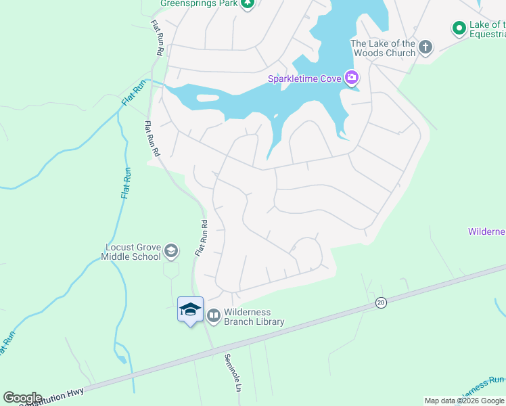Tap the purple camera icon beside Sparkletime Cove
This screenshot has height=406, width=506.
[352, 78]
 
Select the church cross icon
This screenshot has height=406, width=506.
[425, 47]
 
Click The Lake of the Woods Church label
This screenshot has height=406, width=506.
[382, 48]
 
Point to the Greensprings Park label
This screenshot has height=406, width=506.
[197, 3]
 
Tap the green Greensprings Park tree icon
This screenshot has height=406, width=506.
[248, 3]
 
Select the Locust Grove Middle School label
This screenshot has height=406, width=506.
[132, 252]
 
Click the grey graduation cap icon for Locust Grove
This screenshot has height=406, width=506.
[171, 251]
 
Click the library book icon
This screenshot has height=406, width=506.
[214, 315]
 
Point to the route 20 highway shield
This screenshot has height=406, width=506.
[381, 304]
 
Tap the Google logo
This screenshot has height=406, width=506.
[22, 398]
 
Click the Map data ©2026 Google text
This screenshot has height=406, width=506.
[465, 401]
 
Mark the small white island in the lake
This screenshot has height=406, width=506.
[208, 98]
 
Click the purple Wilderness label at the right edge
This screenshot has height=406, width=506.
[486, 232]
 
